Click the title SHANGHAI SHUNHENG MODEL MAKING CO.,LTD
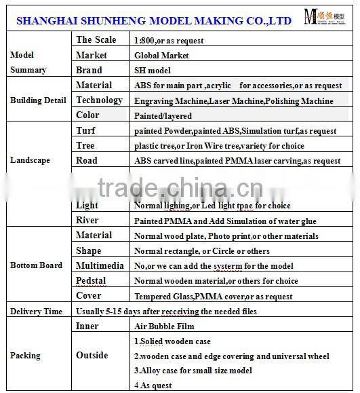point(154,20)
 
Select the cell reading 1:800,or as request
point(169,41)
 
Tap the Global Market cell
point(161,56)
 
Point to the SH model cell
point(153,71)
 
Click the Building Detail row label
point(38,100)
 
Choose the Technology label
point(99,100)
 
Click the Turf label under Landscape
point(86,130)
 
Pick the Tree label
point(85,145)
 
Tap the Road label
point(87,161)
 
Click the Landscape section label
point(30,160)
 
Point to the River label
point(87,221)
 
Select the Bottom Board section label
point(37,265)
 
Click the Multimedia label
point(100,265)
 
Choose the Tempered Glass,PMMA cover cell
point(213,297)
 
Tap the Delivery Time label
point(36,312)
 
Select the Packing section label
point(25,356)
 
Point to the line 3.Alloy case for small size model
point(193,371)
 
